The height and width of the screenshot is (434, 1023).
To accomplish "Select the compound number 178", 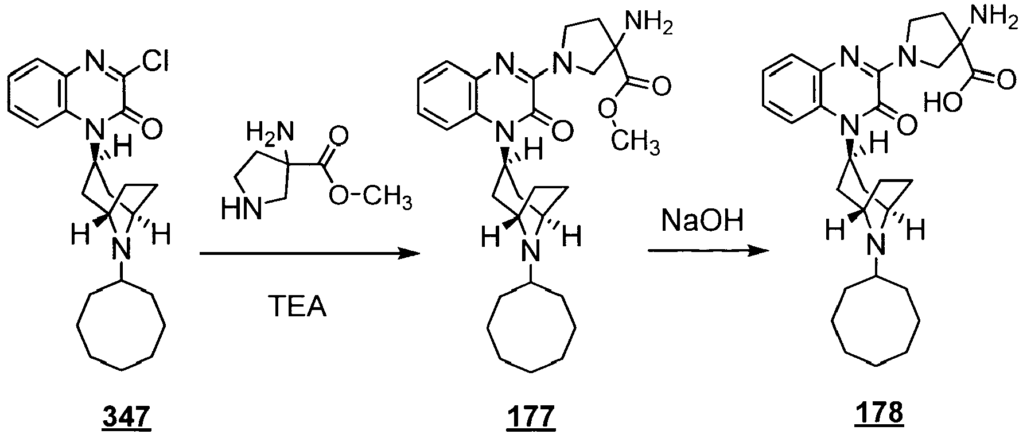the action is [x=878, y=413].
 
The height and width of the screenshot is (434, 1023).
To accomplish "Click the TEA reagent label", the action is [x=297, y=308].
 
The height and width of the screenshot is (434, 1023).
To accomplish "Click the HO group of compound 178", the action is [x=939, y=104].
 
